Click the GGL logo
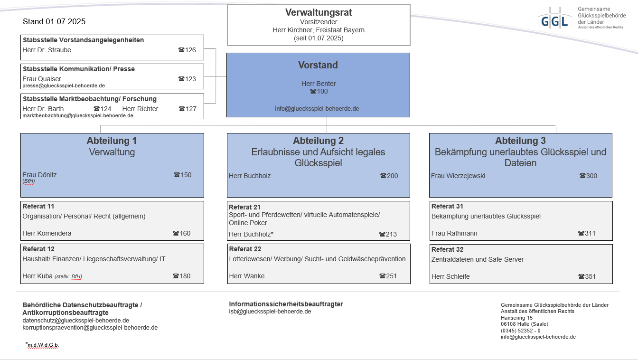(554, 20)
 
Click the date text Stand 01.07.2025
(54, 22)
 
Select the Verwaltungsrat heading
(319, 12)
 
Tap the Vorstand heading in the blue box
(318, 65)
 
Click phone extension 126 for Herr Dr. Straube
(187, 50)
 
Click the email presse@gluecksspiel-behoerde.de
(64, 86)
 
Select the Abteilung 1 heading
(112, 141)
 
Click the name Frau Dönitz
(39, 175)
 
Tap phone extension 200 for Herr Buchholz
(389, 176)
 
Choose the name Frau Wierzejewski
(458, 176)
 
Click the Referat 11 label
(38, 206)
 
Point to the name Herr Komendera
(47, 233)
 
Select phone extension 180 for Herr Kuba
(182, 276)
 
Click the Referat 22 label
(245, 249)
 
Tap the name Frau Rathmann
(454, 233)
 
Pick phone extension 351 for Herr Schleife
(587, 276)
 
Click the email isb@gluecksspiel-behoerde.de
(270, 312)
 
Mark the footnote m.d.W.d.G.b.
(43, 345)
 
